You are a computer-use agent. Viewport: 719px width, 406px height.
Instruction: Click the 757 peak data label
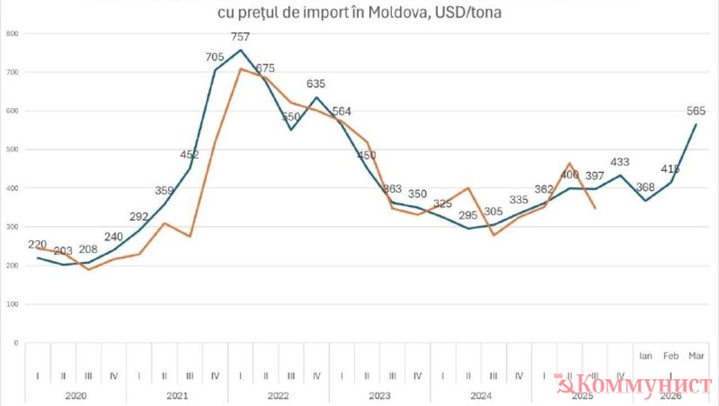[x=242, y=36]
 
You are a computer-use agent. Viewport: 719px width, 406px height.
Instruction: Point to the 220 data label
[x=37, y=245]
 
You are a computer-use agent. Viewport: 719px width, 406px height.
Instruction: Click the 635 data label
[x=316, y=84]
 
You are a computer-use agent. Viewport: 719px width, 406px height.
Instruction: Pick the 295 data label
[x=468, y=215]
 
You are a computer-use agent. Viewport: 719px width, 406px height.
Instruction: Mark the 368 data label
[x=646, y=188]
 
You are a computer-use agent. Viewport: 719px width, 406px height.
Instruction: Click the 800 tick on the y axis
[x=12, y=34]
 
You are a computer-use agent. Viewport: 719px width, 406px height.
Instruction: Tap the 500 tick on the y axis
[x=12, y=150]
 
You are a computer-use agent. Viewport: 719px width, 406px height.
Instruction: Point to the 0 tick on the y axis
[x=16, y=343]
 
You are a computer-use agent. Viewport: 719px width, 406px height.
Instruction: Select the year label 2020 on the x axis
[x=75, y=394]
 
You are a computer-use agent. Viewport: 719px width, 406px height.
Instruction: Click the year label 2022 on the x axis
[x=278, y=394]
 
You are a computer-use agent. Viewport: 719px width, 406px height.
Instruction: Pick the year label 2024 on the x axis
[x=481, y=394]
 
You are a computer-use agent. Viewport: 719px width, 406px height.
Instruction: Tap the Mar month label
[x=697, y=356]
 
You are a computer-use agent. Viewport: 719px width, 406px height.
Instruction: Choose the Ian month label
[x=646, y=356]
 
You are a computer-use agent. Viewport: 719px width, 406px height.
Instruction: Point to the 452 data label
[x=190, y=155]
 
